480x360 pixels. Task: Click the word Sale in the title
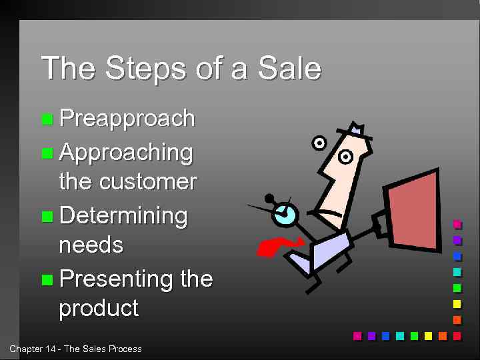point(290,69)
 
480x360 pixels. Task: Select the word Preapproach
point(127,119)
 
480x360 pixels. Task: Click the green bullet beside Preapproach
point(47,120)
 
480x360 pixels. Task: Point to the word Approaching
point(126,153)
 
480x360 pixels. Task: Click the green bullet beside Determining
point(47,217)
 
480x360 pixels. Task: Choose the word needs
point(91,245)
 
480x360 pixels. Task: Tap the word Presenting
point(117,279)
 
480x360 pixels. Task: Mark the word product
point(99,309)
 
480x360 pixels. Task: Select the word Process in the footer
point(125,349)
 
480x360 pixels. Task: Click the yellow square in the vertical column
point(457,304)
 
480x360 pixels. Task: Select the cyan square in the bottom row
point(400,336)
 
